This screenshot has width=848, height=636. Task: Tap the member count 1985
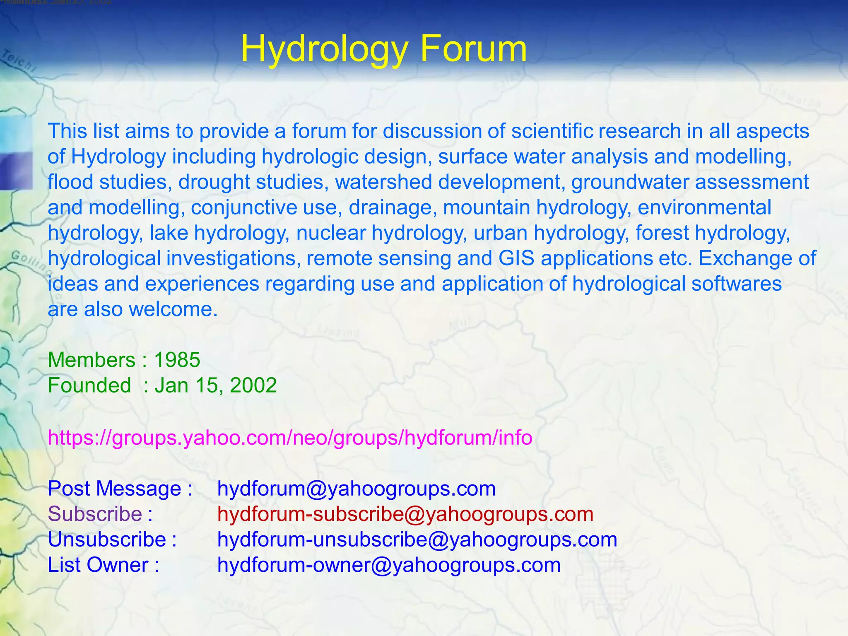coord(177,360)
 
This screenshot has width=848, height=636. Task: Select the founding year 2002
coord(253,385)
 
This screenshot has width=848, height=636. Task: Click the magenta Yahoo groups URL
coord(290,438)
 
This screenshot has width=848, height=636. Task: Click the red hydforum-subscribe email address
coord(405,514)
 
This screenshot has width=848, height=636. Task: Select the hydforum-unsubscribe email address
coord(417,540)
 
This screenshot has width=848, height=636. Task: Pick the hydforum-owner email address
coord(389,565)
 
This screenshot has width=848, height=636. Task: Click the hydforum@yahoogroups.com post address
coord(357,489)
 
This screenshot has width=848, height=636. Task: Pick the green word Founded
coord(89,385)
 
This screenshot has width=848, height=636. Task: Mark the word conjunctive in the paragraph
coord(244,208)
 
